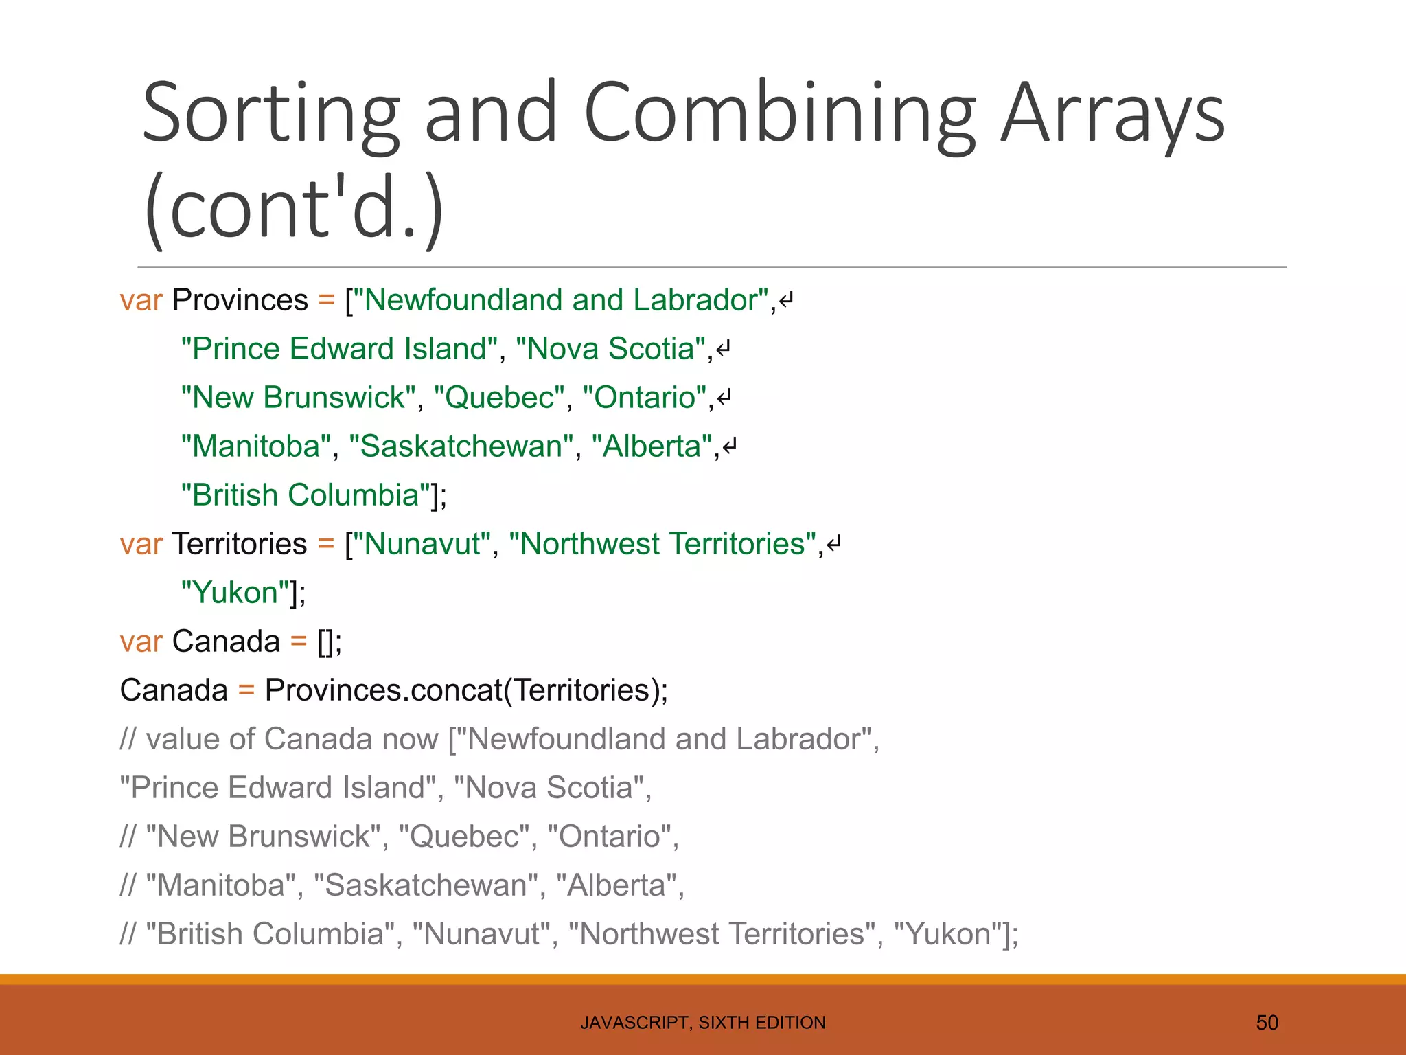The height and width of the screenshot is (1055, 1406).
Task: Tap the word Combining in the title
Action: pos(779,113)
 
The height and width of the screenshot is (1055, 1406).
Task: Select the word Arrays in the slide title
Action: pos(1112,113)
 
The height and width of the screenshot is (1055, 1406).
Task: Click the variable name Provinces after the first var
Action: pos(240,300)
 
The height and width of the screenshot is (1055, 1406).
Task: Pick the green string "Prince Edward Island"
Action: pos(339,349)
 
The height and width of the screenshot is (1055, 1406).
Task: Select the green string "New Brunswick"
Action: pos(299,398)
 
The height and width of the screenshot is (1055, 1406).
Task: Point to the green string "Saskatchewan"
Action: pos(461,446)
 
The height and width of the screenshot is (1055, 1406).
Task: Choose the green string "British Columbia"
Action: pos(306,495)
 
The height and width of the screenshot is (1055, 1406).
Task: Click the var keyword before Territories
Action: pos(141,544)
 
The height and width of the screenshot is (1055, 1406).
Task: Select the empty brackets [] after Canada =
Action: pos(325,642)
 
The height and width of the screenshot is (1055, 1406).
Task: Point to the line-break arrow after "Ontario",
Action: pos(724,398)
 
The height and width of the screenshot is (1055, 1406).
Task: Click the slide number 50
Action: pos(1267,1023)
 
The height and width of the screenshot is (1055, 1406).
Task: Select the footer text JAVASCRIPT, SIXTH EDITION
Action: pos(703,1023)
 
